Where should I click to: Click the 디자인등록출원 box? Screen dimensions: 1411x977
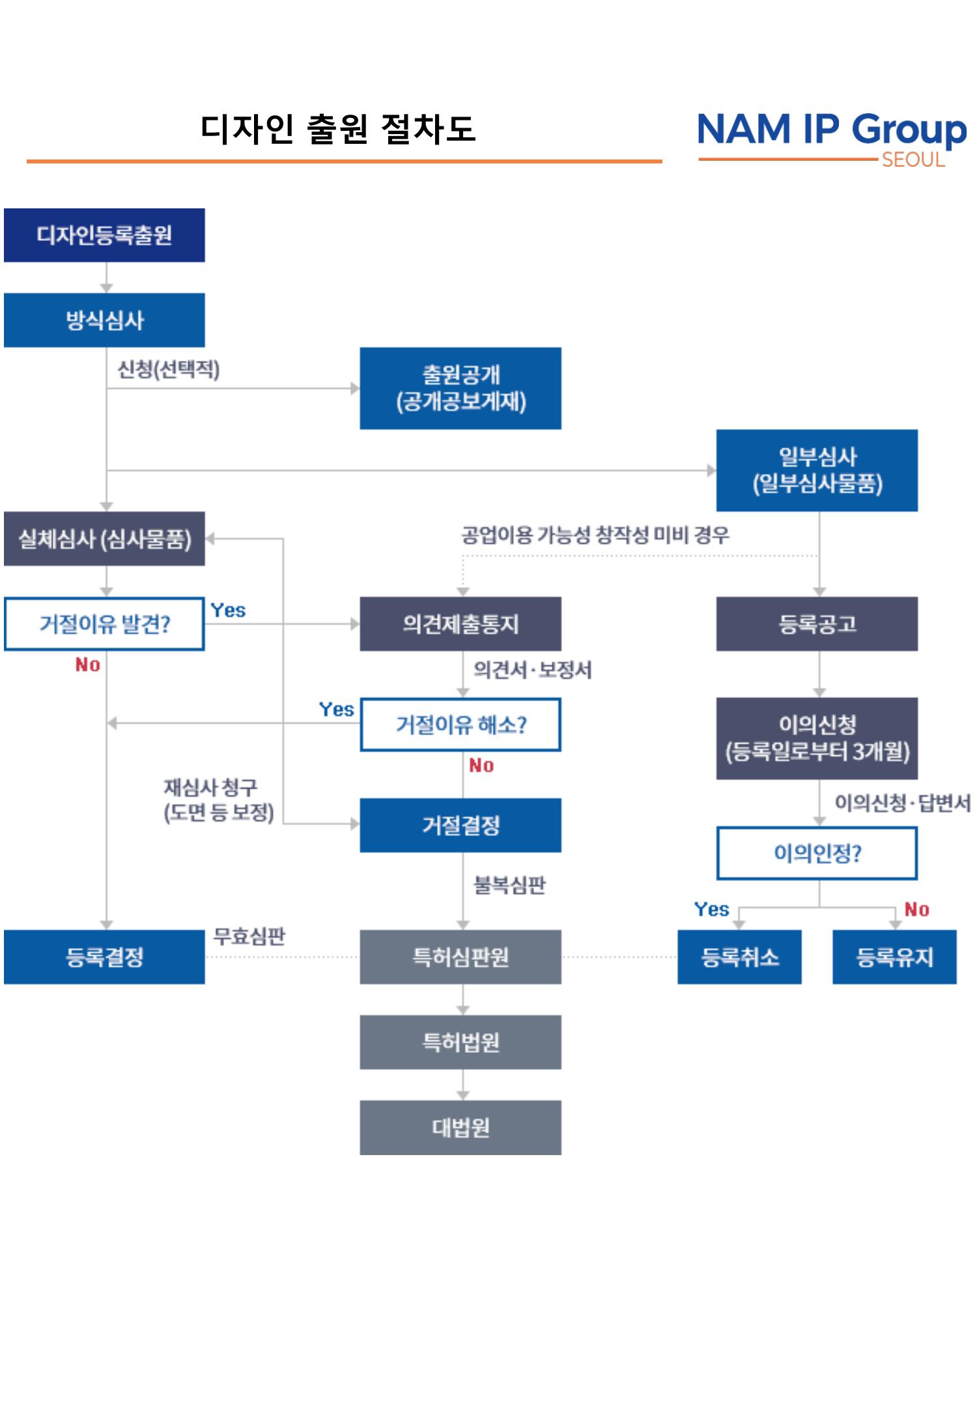click(104, 235)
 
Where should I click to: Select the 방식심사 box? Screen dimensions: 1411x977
click(104, 320)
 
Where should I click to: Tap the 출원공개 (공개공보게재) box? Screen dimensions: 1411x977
click(460, 388)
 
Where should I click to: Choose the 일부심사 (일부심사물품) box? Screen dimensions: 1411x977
click(817, 470)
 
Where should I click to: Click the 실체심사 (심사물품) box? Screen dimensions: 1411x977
click(104, 538)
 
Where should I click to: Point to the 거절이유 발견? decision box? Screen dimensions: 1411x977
click(104, 624)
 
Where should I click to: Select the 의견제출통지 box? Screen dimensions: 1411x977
click(460, 624)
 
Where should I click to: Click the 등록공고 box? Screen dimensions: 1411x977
click(817, 624)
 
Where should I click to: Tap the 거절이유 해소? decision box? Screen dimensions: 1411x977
click(460, 725)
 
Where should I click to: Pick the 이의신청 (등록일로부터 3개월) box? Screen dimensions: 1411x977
click(817, 738)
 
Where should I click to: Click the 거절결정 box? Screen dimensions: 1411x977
click(460, 825)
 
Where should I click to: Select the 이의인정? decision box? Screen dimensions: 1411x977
click(817, 853)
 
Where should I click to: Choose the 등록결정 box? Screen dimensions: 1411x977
click(104, 957)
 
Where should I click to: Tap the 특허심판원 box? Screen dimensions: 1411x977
click(460, 957)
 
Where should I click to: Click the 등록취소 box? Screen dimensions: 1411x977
click(739, 957)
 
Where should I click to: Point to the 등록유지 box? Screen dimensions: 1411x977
click(894, 957)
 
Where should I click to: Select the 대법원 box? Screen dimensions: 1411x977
click(460, 1127)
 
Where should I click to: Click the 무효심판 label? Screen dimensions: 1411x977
click(249, 936)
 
